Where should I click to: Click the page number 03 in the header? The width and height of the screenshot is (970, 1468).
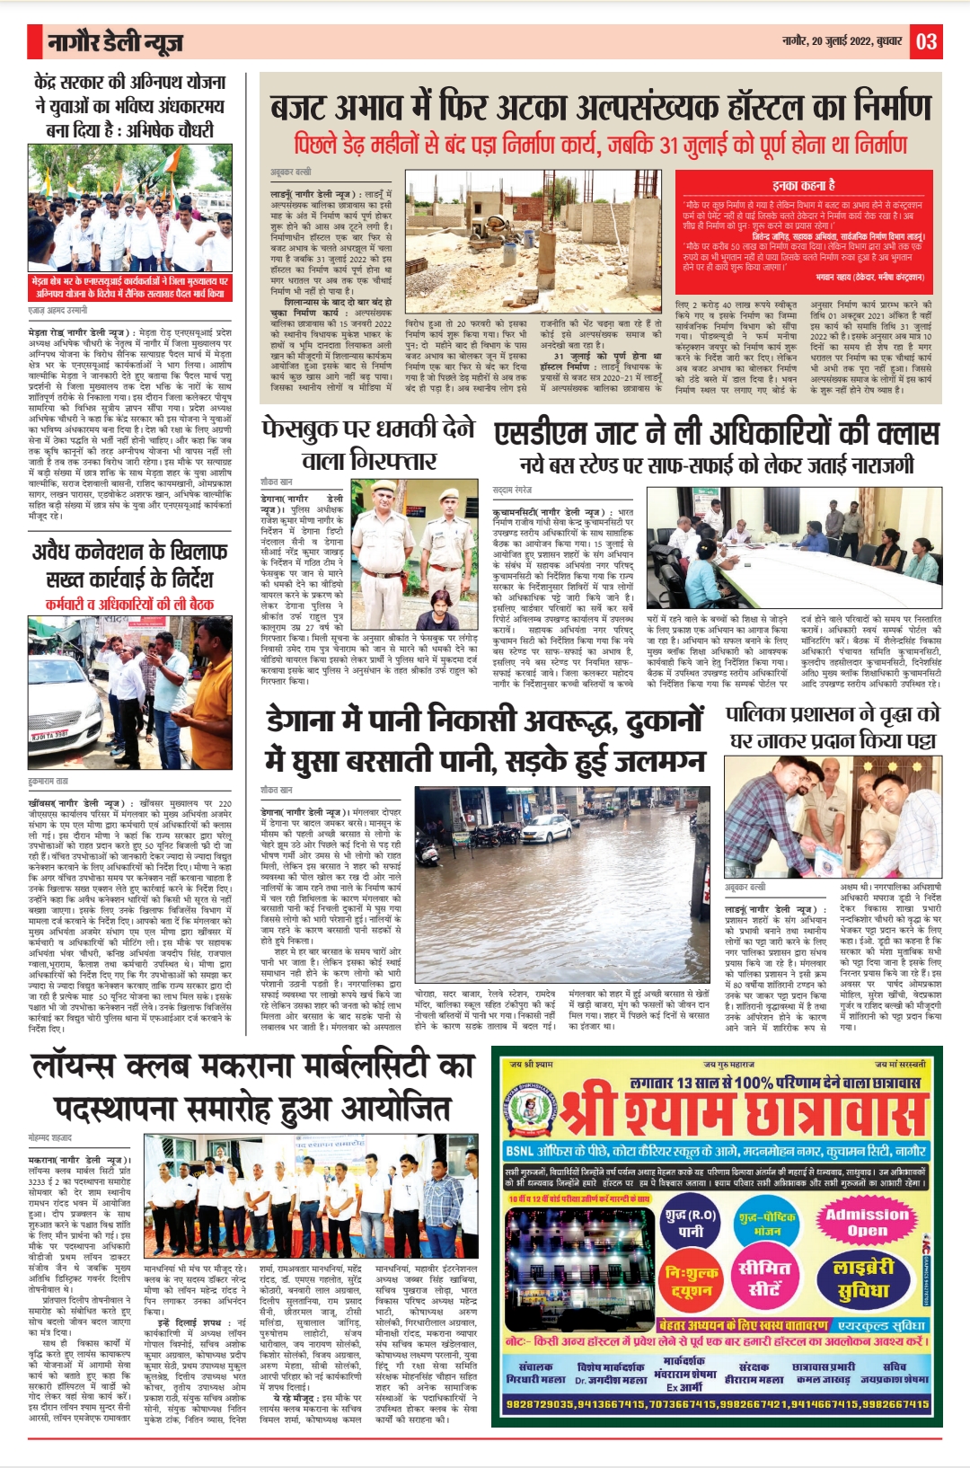[926, 41]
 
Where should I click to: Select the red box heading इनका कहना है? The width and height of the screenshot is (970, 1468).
[804, 185]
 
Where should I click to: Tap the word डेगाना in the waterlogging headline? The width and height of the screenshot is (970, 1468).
[311, 721]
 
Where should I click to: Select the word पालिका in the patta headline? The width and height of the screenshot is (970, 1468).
[763, 716]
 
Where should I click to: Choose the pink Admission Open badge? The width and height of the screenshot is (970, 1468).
[867, 1222]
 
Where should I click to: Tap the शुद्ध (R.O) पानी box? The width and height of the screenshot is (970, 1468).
[691, 1223]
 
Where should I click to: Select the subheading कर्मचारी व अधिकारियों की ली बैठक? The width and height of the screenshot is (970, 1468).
[129, 604]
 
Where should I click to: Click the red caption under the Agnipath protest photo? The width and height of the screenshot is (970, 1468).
[129, 287]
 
